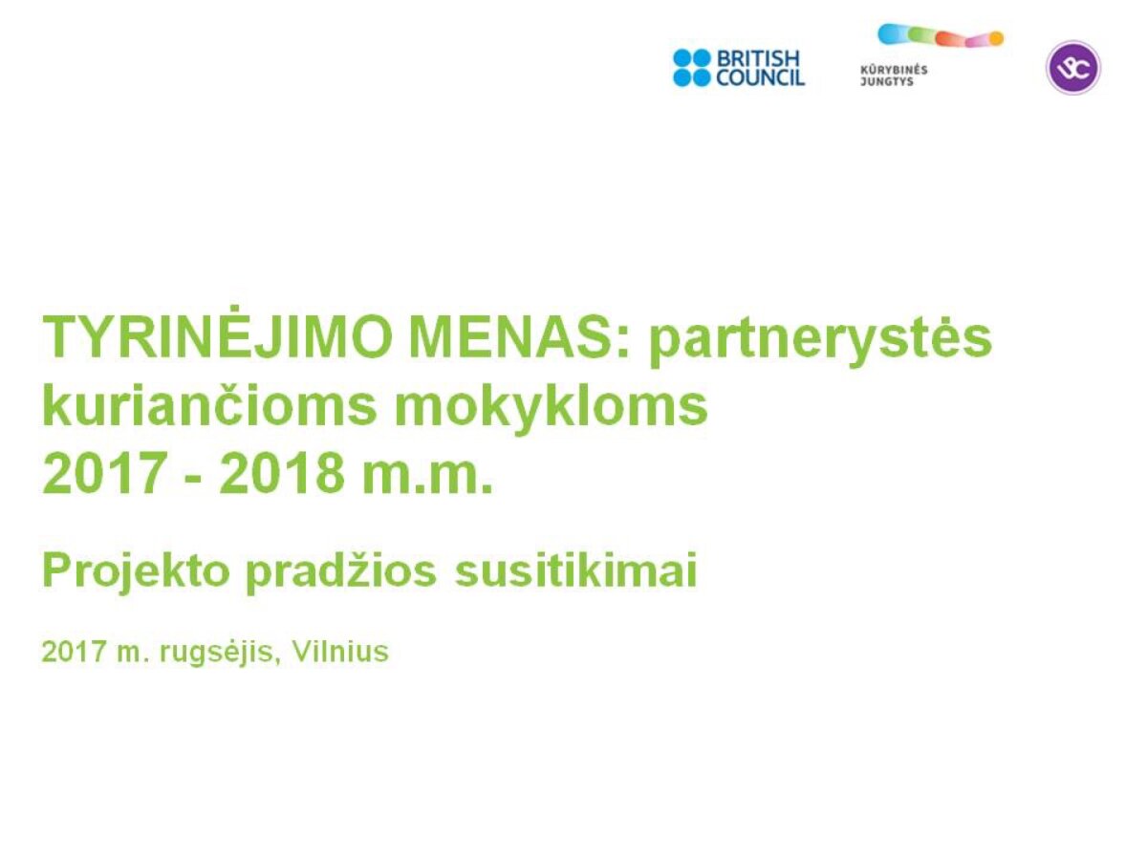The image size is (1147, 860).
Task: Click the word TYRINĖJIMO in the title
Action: click(217, 335)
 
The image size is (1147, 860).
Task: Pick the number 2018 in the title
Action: click(282, 474)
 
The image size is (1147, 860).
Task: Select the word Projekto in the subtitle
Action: click(136, 571)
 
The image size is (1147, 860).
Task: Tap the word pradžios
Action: click(340, 571)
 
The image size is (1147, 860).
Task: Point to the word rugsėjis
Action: click(216, 653)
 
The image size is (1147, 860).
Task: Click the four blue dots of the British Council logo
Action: click(692, 68)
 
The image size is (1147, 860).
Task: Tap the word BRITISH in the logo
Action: click(759, 58)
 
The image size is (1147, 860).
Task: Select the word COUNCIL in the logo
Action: click(760, 77)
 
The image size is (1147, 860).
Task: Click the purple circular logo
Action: click(1073, 68)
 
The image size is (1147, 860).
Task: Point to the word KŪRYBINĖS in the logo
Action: click(894, 70)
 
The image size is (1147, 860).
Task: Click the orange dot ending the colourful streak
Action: click(997, 38)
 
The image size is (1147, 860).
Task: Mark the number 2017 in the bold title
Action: click(104, 474)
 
